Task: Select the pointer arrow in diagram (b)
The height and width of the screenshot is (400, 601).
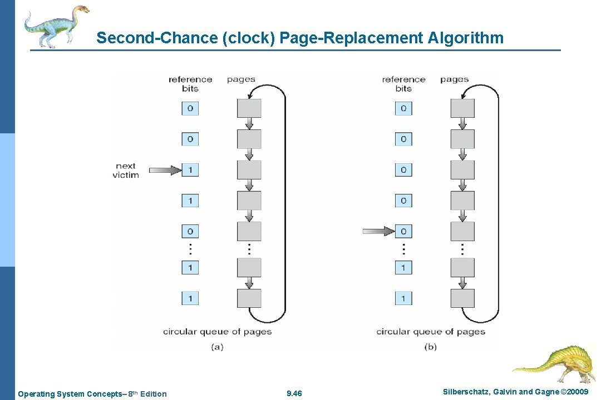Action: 378,231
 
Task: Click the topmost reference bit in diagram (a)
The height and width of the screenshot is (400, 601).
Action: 190,108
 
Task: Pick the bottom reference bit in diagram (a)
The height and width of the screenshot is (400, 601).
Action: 190,298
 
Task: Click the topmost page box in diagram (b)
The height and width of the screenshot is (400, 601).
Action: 462,108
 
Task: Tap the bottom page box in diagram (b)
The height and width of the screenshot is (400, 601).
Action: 462,298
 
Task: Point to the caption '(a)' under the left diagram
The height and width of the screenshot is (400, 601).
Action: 218,347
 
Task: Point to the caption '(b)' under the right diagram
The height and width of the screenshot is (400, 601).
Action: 431,347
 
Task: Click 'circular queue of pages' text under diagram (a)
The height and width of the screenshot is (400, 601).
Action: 218,332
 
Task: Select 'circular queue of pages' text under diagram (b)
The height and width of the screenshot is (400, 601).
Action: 431,332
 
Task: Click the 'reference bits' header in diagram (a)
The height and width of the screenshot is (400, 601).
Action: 190,84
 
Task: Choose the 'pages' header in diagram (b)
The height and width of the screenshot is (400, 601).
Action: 454,79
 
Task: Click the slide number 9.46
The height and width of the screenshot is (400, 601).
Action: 294,394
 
